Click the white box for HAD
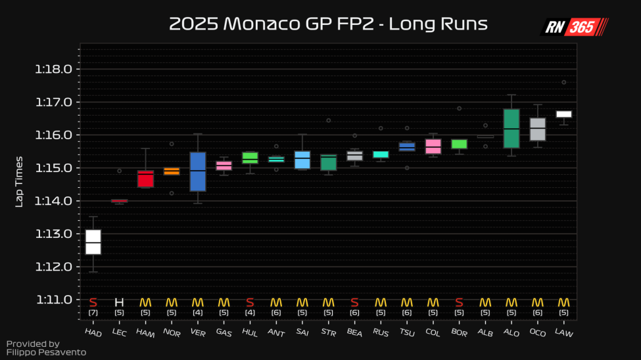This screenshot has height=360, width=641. [93, 242]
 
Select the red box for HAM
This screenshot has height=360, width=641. [145, 179]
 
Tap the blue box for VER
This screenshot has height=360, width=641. [198, 171]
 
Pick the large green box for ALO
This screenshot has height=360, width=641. [511, 129]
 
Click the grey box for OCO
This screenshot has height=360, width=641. [538, 129]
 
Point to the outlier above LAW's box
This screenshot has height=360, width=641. [564, 82]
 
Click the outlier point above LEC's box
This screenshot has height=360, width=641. [119, 171]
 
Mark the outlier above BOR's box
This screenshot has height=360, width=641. [460, 108]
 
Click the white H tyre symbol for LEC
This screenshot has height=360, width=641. [119, 302]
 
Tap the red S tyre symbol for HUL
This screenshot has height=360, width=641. [250, 302]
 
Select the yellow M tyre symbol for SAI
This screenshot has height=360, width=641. [302, 302]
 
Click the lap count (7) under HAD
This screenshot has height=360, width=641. [93, 313]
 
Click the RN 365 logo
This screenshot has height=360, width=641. [574, 27]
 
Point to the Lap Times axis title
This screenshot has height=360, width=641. [19, 181]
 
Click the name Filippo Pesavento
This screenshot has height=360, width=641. [46, 352]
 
